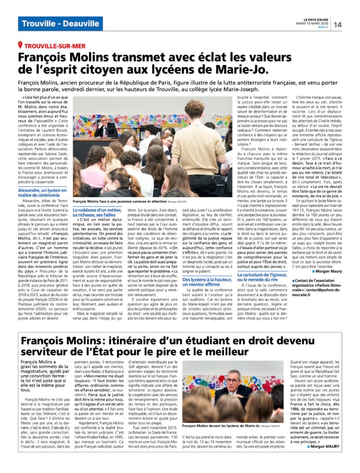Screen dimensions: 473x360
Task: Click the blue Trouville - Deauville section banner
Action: [61, 24]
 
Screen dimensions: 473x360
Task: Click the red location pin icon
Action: [20, 45]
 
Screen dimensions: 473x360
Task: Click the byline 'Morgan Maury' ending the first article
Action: [328, 271]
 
